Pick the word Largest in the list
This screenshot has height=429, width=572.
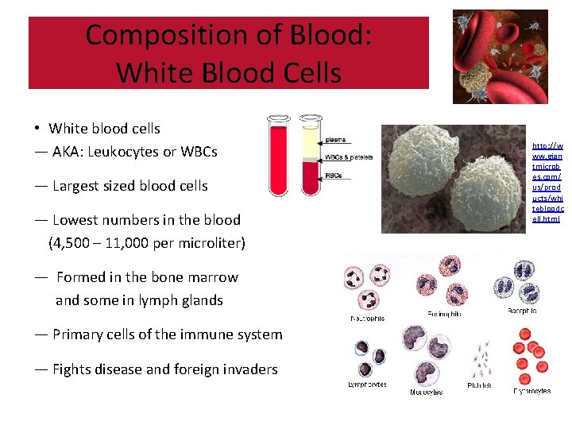pos(78,186)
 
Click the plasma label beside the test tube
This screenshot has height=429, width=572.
pos(335,139)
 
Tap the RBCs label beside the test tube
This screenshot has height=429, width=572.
pos(334,175)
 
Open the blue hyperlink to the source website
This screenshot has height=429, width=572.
pos(547,182)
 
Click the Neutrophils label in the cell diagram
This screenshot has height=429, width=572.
pos(368,319)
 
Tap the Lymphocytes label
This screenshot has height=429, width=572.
pos(367,384)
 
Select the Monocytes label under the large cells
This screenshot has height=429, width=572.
pos(427,392)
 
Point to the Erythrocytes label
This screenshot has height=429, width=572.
pos(531,391)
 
